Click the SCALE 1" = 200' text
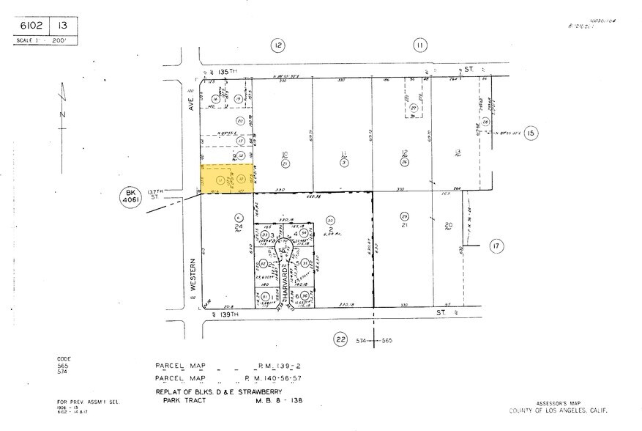point(41,40)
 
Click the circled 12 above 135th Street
point(277,46)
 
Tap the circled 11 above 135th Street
point(419,46)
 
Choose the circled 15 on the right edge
point(531,133)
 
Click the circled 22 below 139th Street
point(340,339)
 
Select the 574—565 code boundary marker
point(375,341)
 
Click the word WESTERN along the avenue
point(194,275)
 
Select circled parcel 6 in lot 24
point(238,217)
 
